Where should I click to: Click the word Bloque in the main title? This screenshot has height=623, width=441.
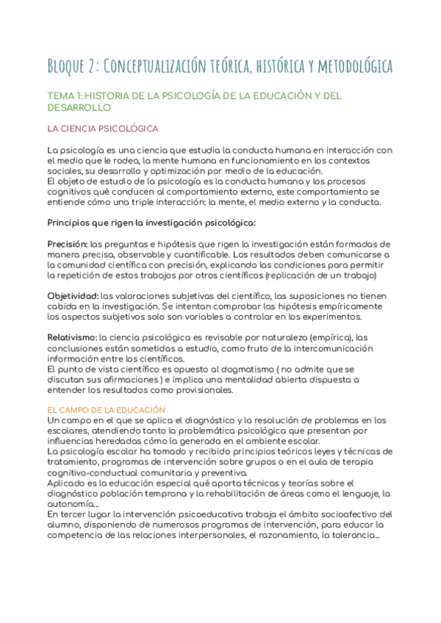(66, 67)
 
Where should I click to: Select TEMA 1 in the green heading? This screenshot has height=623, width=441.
(68, 96)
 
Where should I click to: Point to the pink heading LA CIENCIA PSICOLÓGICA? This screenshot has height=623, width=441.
(102, 129)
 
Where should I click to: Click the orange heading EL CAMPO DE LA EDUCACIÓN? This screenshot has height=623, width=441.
(106, 408)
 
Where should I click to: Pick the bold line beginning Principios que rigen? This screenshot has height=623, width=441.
(151, 223)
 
